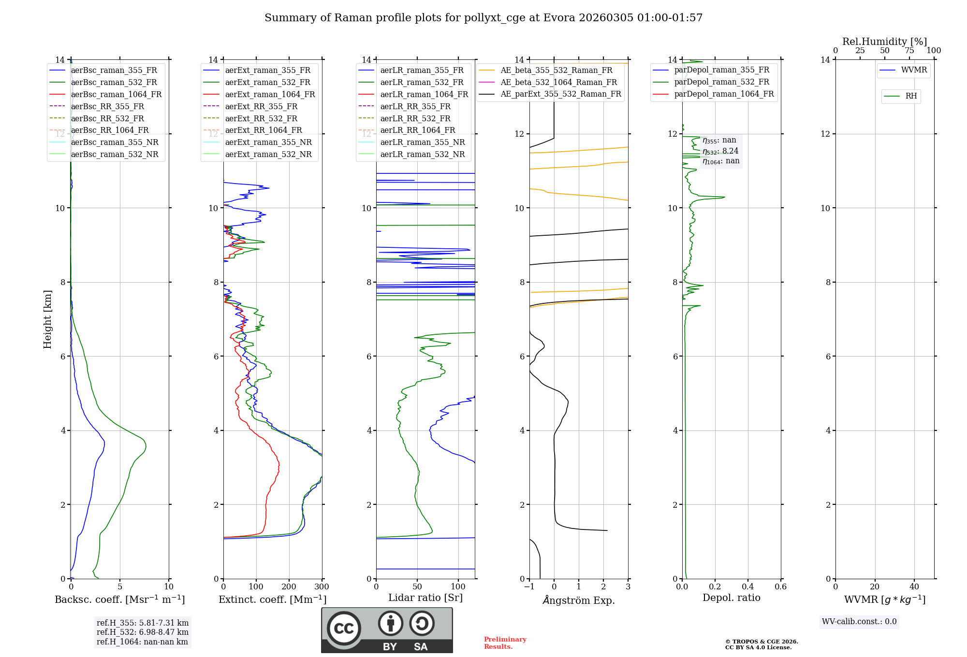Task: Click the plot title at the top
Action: pyautogui.click(x=483, y=18)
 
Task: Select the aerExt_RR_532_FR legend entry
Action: pyautogui.click(x=261, y=118)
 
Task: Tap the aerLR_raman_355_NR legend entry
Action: pyautogui.click(x=422, y=143)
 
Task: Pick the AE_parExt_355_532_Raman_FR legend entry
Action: pyautogui.click(x=560, y=94)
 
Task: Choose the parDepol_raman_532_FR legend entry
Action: pyautogui.click(x=721, y=82)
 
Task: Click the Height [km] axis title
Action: pyautogui.click(x=47, y=319)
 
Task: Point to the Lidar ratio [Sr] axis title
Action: pyautogui.click(x=425, y=598)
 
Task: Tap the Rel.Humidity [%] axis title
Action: pyautogui.click(x=884, y=42)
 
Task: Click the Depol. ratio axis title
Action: pyautogui.click(x=731, y=598)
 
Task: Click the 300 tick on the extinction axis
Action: pyautogui.click(x=322, y=587)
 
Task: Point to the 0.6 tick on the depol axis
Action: pyautogui.click(x=780, y=587)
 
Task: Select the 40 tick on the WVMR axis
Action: pyautogui.click(x=914, y=587)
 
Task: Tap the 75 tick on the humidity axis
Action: pyautogui.click(x=909, y=51)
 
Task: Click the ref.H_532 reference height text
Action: pyautogui.click(x=143, y=632)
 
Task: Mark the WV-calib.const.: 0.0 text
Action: pyautogui.click(x=859, y=622)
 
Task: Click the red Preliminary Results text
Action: pyautogui.click(x=505, y=643)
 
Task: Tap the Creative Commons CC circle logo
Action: pyautogui.click(x=344, y=628)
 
